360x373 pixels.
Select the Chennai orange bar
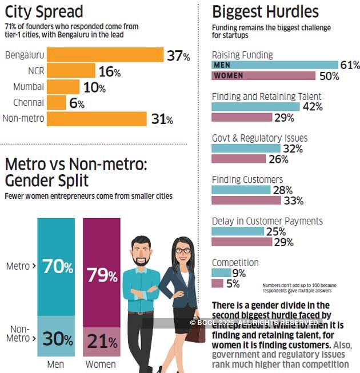(57, 103)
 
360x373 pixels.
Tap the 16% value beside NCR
(109, 72)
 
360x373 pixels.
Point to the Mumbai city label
(29, 87)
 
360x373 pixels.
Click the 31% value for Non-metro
(161, 119)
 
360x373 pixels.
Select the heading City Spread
(44, 11)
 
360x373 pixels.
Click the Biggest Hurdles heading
(265, 11)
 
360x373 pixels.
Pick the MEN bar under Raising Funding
(274, 65)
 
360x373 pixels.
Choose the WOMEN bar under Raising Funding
(263, 76)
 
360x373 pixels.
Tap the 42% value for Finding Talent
(312, 107)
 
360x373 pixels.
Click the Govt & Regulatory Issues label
(259, 138)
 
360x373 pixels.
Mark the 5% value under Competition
(233, 283)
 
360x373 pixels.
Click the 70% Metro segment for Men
(56, 267)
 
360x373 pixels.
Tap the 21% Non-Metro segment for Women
(102, 342)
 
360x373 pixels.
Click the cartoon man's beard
(141, 260)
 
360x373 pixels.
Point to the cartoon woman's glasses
(183, 250)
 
